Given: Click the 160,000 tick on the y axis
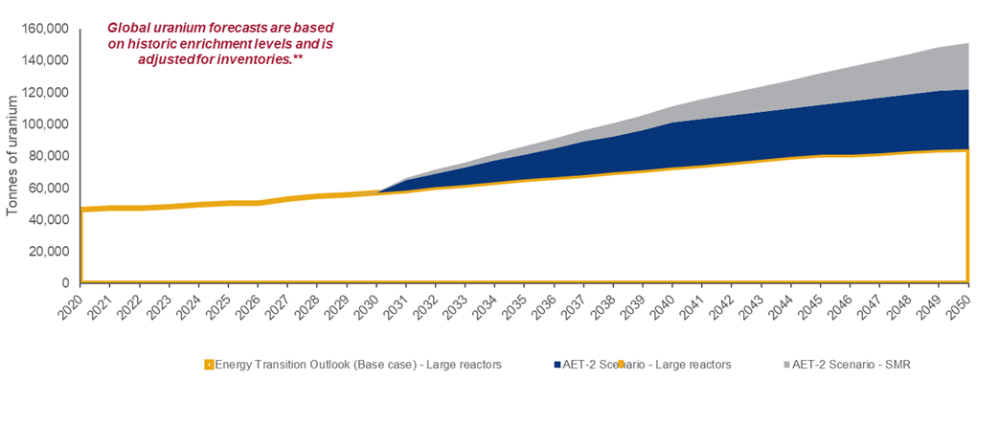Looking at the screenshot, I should (45, 29).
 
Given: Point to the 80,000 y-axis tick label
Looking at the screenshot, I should (49, 156).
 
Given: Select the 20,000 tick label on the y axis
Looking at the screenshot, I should (49, 252).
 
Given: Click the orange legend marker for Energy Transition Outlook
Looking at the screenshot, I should (209, 364).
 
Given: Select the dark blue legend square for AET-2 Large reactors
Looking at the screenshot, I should (557, 364).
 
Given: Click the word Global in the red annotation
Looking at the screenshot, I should (130, 29).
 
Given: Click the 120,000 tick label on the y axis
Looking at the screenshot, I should (45, 93).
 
